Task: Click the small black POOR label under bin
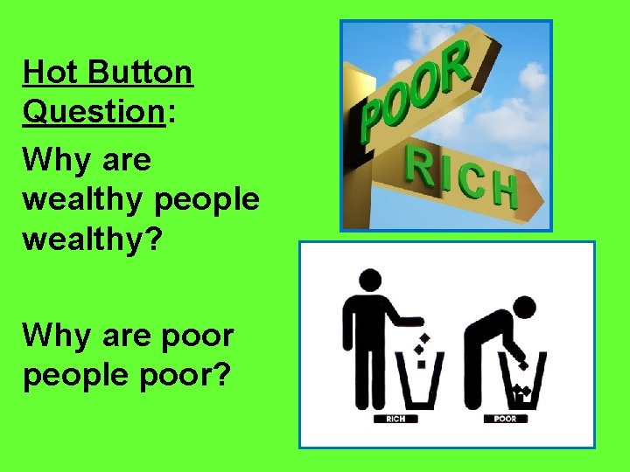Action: tap(506, 418)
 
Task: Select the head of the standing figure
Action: tap(368, 281)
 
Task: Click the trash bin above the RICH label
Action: tap(421, 380)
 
